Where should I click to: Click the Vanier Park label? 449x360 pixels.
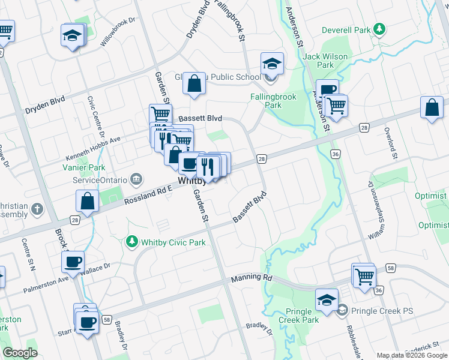[89, 169]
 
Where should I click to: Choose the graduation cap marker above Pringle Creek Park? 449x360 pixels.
[327, 299]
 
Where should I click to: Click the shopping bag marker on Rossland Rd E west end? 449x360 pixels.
[88, 202]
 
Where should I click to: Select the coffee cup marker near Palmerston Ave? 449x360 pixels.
[73, 262]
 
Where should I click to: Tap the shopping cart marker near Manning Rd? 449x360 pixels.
[364, 276]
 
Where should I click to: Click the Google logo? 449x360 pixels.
[20, 353]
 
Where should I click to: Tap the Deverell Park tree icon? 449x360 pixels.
[379, 28]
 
